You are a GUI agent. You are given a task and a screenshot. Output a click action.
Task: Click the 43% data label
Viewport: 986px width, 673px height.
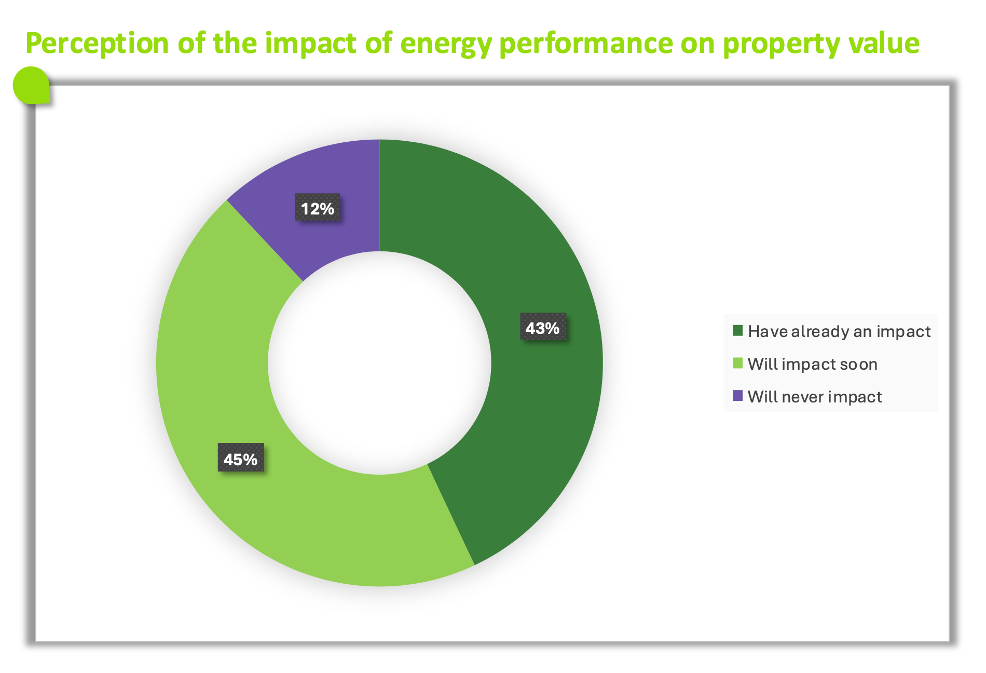[x=543, y=328]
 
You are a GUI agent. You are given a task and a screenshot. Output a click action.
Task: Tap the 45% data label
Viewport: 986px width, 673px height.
[x=240, y=459]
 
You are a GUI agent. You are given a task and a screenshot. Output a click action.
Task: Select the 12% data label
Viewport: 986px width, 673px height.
[x=318, y=208]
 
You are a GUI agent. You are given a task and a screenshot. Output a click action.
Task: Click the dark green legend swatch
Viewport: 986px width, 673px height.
[x=737, y=331]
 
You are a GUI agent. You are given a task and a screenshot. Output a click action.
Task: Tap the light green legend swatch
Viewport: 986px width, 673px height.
[x=737, y=364]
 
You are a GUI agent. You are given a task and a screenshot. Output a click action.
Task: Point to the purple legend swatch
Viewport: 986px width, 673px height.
[x=737, y=396]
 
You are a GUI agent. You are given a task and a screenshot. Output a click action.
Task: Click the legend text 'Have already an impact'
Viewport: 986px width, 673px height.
[x=839, y=331]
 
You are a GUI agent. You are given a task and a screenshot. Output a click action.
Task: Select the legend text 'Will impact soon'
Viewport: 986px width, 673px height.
[x=812, y=364]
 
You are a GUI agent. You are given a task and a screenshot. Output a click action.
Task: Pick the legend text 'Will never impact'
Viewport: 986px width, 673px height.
[x=815, y=397]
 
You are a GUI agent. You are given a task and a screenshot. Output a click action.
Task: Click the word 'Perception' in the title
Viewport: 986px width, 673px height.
[x=97, y=43]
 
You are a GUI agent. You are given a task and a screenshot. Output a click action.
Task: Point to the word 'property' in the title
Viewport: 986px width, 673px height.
[x=781, y=44]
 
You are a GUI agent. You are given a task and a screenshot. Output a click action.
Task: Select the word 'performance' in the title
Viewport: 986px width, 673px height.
[x=586, y=44]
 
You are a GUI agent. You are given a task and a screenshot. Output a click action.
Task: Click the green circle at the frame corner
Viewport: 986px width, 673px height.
[x=31, y=85]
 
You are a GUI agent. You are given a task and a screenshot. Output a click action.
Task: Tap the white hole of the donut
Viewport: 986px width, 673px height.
[x=379, y=363]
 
